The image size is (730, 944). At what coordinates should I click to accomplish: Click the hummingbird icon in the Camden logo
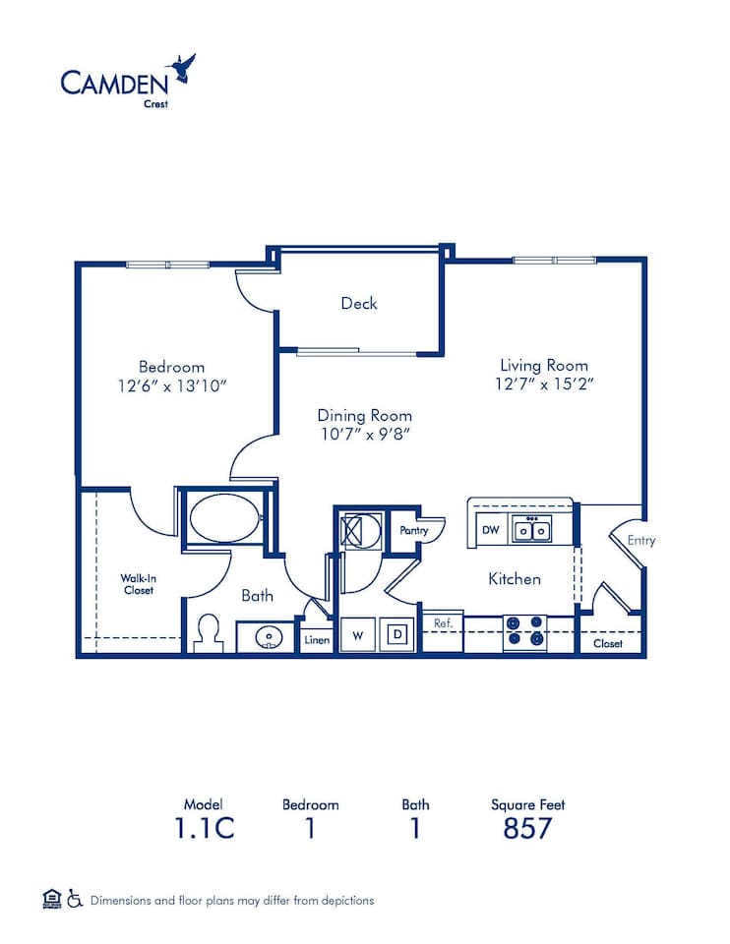point(182,69)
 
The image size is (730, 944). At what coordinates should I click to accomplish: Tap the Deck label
point(359,303)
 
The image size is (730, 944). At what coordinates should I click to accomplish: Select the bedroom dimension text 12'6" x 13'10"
point(171,386)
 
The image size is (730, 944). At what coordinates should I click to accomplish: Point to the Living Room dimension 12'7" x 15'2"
point(544,384)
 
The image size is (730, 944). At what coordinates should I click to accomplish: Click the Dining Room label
point(364,415)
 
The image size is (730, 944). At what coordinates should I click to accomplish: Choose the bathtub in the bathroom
point(224,518)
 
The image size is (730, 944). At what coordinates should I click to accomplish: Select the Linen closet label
point(317,639)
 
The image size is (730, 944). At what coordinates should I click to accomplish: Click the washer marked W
point(358,635)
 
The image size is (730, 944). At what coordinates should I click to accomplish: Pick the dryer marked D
point(398,635)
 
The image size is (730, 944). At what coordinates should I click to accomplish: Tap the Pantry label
point(413,531)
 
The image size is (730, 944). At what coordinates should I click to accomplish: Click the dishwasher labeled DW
point(490,530)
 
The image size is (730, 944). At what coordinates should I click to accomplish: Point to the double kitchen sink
point(531,530)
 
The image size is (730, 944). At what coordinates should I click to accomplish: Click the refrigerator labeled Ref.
point(443,622)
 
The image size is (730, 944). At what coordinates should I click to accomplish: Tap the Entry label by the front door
point(640,540)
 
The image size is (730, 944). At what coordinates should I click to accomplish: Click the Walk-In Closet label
point(138,584)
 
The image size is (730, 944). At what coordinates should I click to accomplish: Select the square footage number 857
point(527,828)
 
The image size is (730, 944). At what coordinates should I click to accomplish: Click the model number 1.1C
point(204,828)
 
